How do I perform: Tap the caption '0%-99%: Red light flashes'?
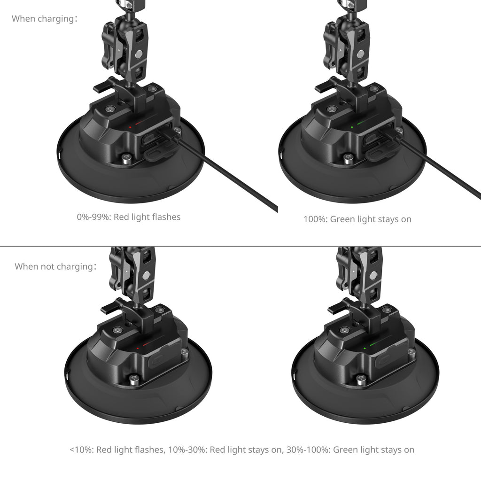[x=129, y=217]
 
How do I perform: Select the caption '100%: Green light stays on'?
[x=357, y=219]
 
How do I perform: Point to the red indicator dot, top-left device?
[x=130, y=127]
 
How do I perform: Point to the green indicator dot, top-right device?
[x=352, y=127]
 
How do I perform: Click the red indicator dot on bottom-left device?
[x=138, y=348]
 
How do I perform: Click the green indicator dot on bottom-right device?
[x=365, y=348]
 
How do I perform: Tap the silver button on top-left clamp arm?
[x=139, y=54]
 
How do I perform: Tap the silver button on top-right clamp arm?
[x=360, y=54]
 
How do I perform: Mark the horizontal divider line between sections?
[x=240, y=246]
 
